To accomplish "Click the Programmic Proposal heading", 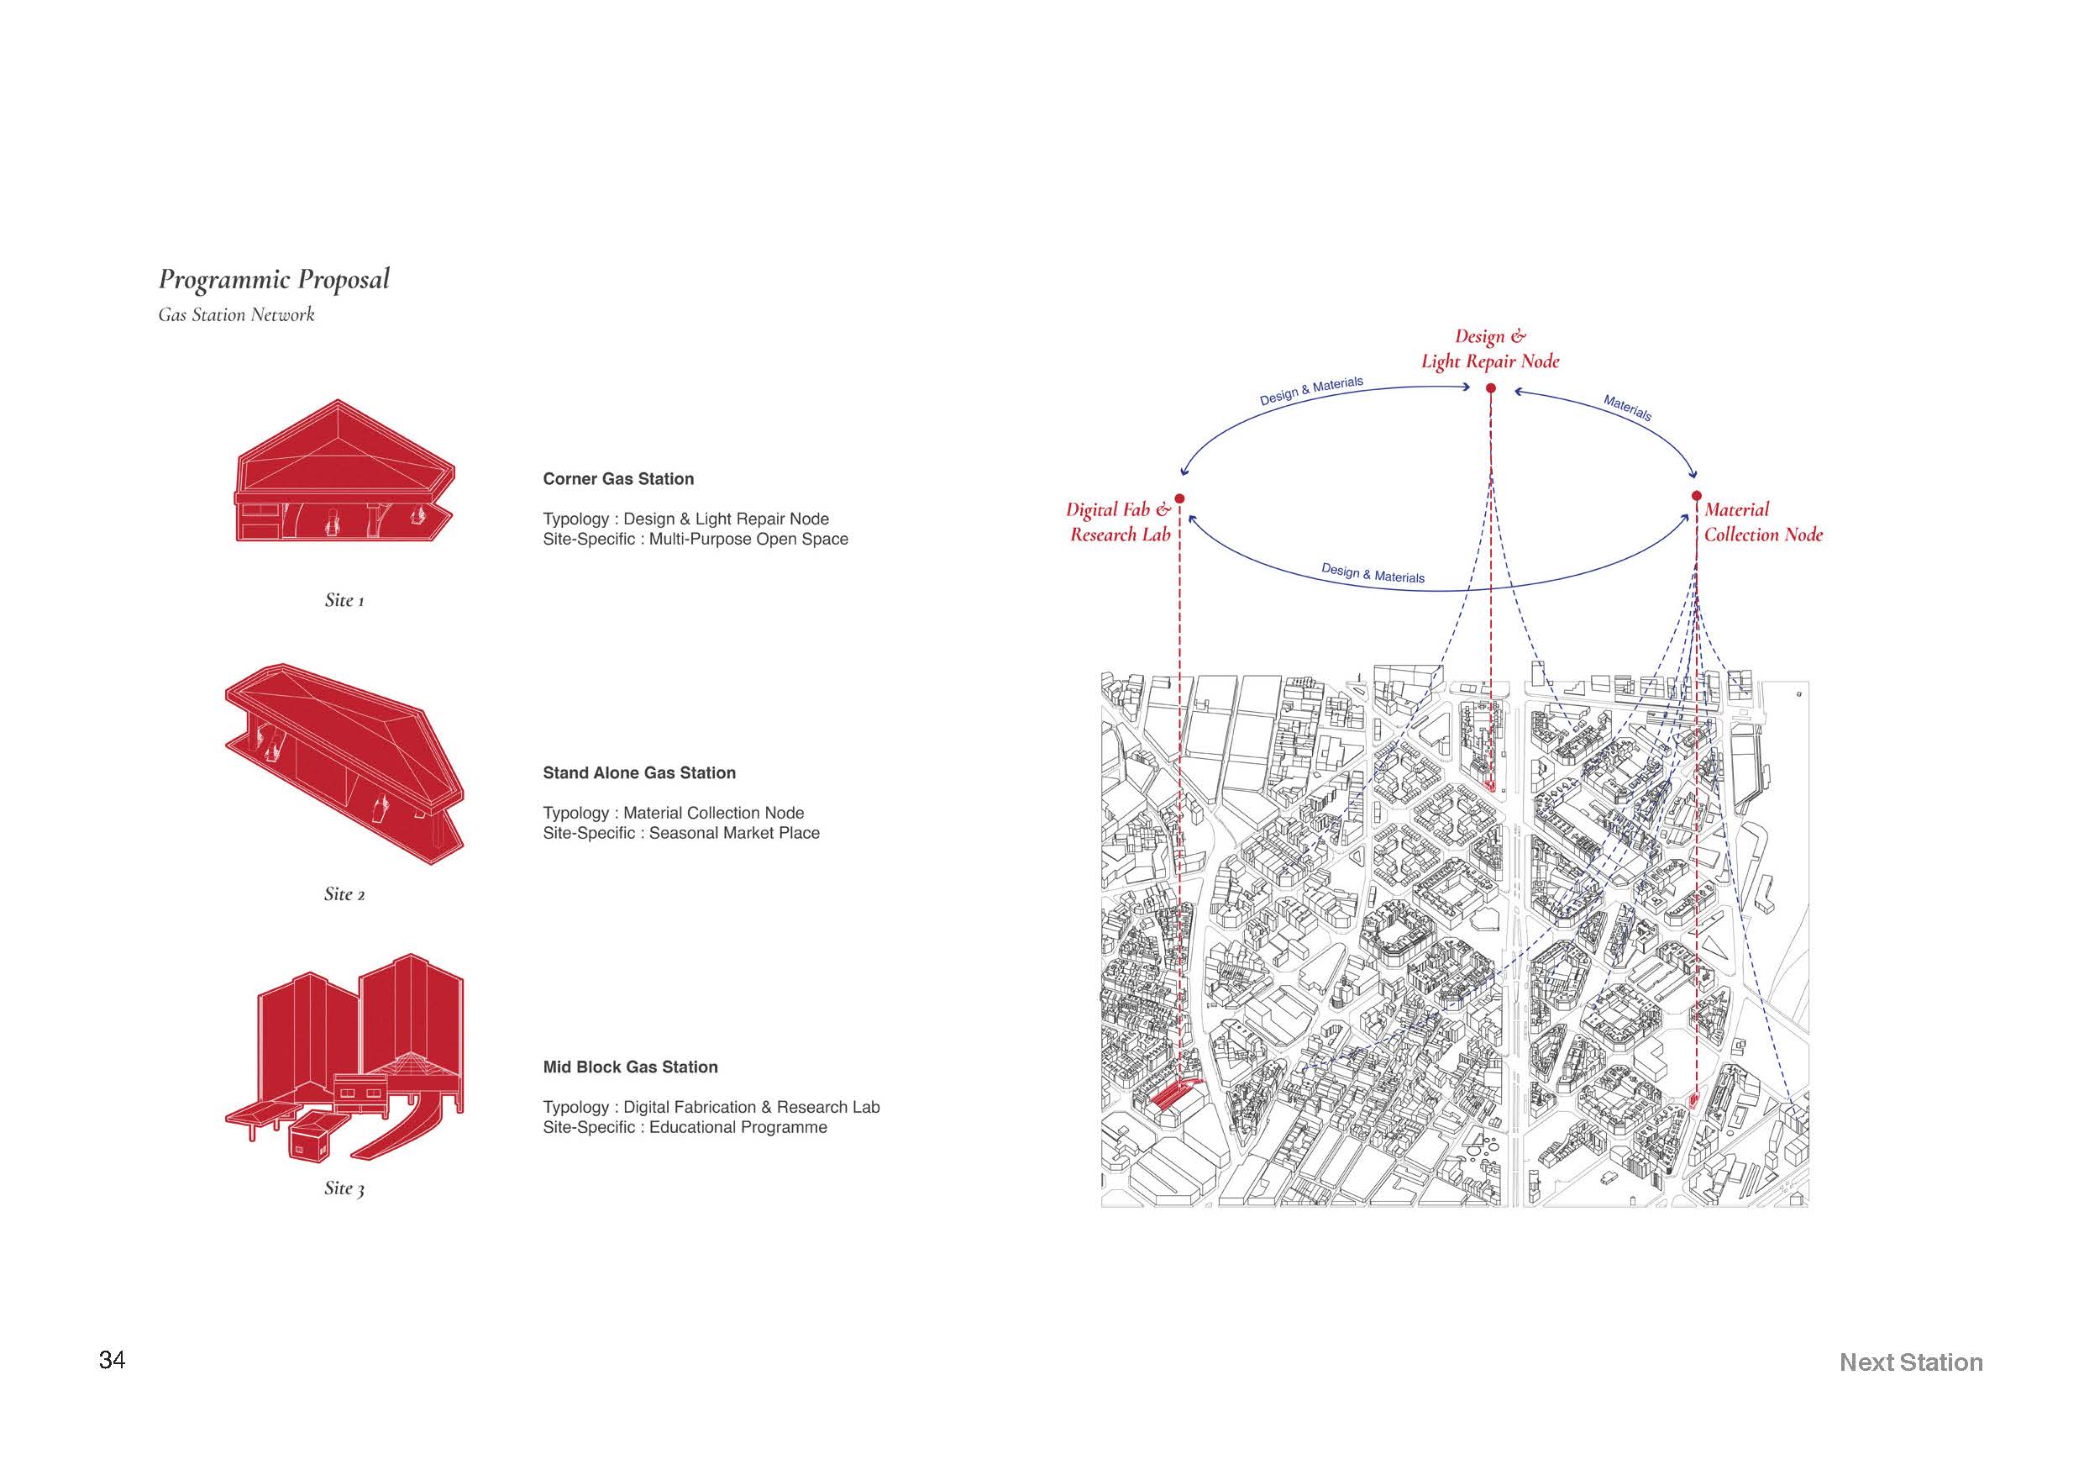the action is click(274, 280).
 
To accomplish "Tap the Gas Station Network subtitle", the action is click(236, 315).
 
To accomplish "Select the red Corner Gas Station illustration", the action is click(345, 472).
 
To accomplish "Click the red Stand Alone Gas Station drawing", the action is click(345, 762).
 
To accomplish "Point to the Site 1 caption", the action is click(344, 600).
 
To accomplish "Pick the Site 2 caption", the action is click(344, 894).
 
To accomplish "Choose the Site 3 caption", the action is click(344, 1188).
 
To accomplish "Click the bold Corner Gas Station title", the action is click(618, 478).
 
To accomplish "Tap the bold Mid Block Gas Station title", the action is click(630, 1067).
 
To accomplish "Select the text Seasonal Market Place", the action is click(734, 833).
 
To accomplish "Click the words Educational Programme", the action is click(738, 1127).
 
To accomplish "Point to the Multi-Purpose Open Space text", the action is click(748, 539).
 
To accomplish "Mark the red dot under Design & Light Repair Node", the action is click(1490, 388).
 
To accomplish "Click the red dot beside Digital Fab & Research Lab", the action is click(1180, 498).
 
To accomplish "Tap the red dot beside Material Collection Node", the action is click(1697, 496).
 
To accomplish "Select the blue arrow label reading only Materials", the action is click(1627, 408).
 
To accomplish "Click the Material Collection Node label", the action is click(1762, 522).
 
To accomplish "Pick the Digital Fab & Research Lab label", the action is click(1119, 522).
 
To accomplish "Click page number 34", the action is click(112, 1360).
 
